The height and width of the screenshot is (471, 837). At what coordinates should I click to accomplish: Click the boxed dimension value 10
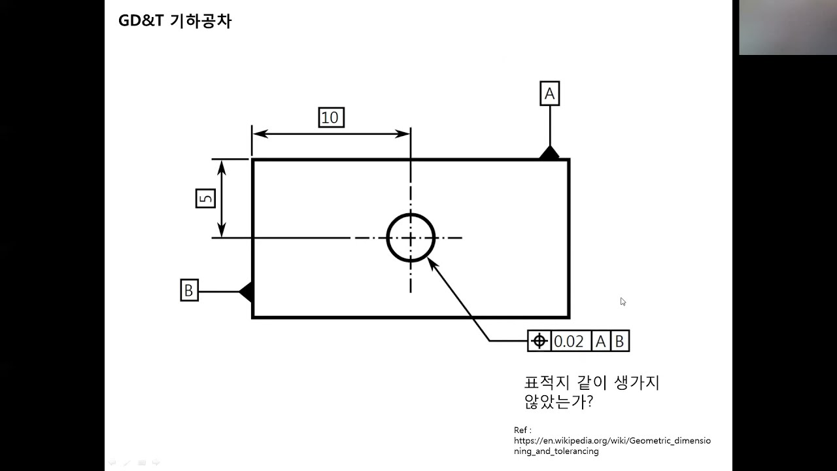[331, 118]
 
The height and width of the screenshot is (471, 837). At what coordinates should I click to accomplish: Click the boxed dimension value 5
[205, 198]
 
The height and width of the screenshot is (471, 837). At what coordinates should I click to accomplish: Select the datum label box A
[549, 94]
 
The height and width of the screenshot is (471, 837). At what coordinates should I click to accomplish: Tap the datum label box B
[189, 290]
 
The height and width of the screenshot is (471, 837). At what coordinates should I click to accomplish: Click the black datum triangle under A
[549, 154]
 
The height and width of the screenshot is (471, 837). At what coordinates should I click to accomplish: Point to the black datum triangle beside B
[247, 291]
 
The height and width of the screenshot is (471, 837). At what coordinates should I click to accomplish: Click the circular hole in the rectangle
[411, 237]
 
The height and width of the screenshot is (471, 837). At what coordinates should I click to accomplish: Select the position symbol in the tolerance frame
[539, 341]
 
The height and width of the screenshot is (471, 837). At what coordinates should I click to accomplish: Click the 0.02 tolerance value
[569, 341]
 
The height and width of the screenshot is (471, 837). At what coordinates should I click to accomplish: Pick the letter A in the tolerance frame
[600, 341]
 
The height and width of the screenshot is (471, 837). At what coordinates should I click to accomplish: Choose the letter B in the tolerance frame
[619, 341]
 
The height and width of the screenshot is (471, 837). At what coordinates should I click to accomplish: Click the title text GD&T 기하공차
[175, 21]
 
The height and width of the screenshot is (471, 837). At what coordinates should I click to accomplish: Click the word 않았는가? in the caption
[558, 402]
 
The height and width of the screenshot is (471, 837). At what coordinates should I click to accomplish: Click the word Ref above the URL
[521, 430]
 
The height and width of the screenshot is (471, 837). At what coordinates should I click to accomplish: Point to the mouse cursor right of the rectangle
[623, 302]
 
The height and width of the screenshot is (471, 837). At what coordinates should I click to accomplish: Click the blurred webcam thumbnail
[787, 27]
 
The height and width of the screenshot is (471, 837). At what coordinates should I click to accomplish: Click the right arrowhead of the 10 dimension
[403, 133]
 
